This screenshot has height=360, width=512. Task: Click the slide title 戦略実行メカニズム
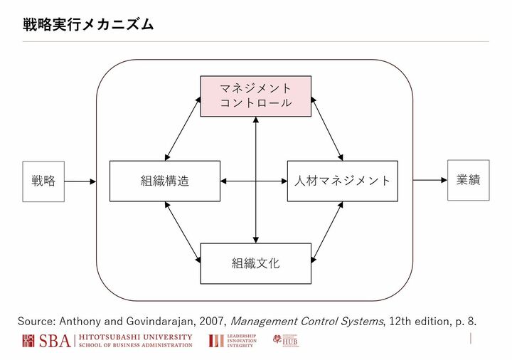coord(89,25)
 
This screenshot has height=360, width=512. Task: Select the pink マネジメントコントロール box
coord(255,95)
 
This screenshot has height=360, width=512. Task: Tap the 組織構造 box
coord(165,181)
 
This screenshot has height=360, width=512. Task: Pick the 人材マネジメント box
coord(342,181)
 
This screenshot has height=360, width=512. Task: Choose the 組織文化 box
coord(255,263)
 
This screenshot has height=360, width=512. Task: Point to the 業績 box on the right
coord(468,180)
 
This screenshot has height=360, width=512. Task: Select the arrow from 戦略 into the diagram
coord(80,181)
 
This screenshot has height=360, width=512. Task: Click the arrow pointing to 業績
coord(430,180)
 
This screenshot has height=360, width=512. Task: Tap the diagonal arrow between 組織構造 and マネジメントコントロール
coord(182,129)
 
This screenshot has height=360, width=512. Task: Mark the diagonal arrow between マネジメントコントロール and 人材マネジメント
coord(328,129)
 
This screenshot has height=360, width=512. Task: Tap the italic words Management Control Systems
coord(308,321)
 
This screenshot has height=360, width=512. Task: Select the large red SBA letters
coord(55,341)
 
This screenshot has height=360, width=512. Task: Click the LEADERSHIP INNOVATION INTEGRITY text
coord(242,341)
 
